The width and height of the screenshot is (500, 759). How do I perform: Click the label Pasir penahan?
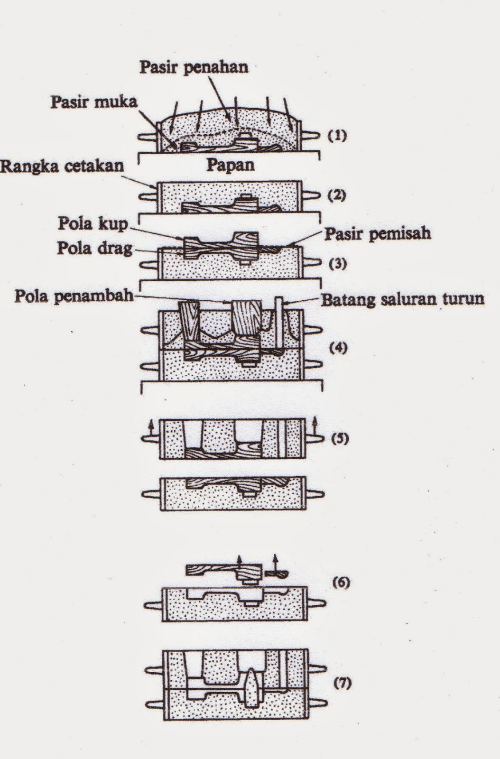tap(194, 67)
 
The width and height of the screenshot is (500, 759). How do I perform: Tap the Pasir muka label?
tap(93, 102)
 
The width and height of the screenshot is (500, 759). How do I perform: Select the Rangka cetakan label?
tap(62, 166)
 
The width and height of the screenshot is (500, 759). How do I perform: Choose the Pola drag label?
tap(94, 248)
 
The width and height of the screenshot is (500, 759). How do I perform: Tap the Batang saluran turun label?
tap(402, 299)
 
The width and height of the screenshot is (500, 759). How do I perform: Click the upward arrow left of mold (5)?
tap(150, 427)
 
